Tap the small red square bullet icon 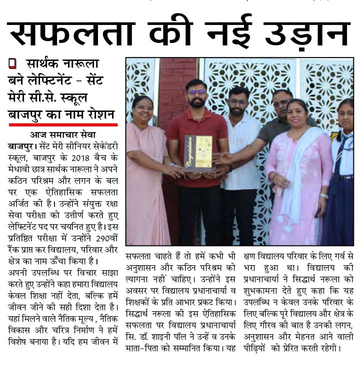(12, 63)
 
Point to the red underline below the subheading (63, 124)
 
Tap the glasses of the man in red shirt (196, 92)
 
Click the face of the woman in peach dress (143, 109)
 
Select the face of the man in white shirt (238, 103)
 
